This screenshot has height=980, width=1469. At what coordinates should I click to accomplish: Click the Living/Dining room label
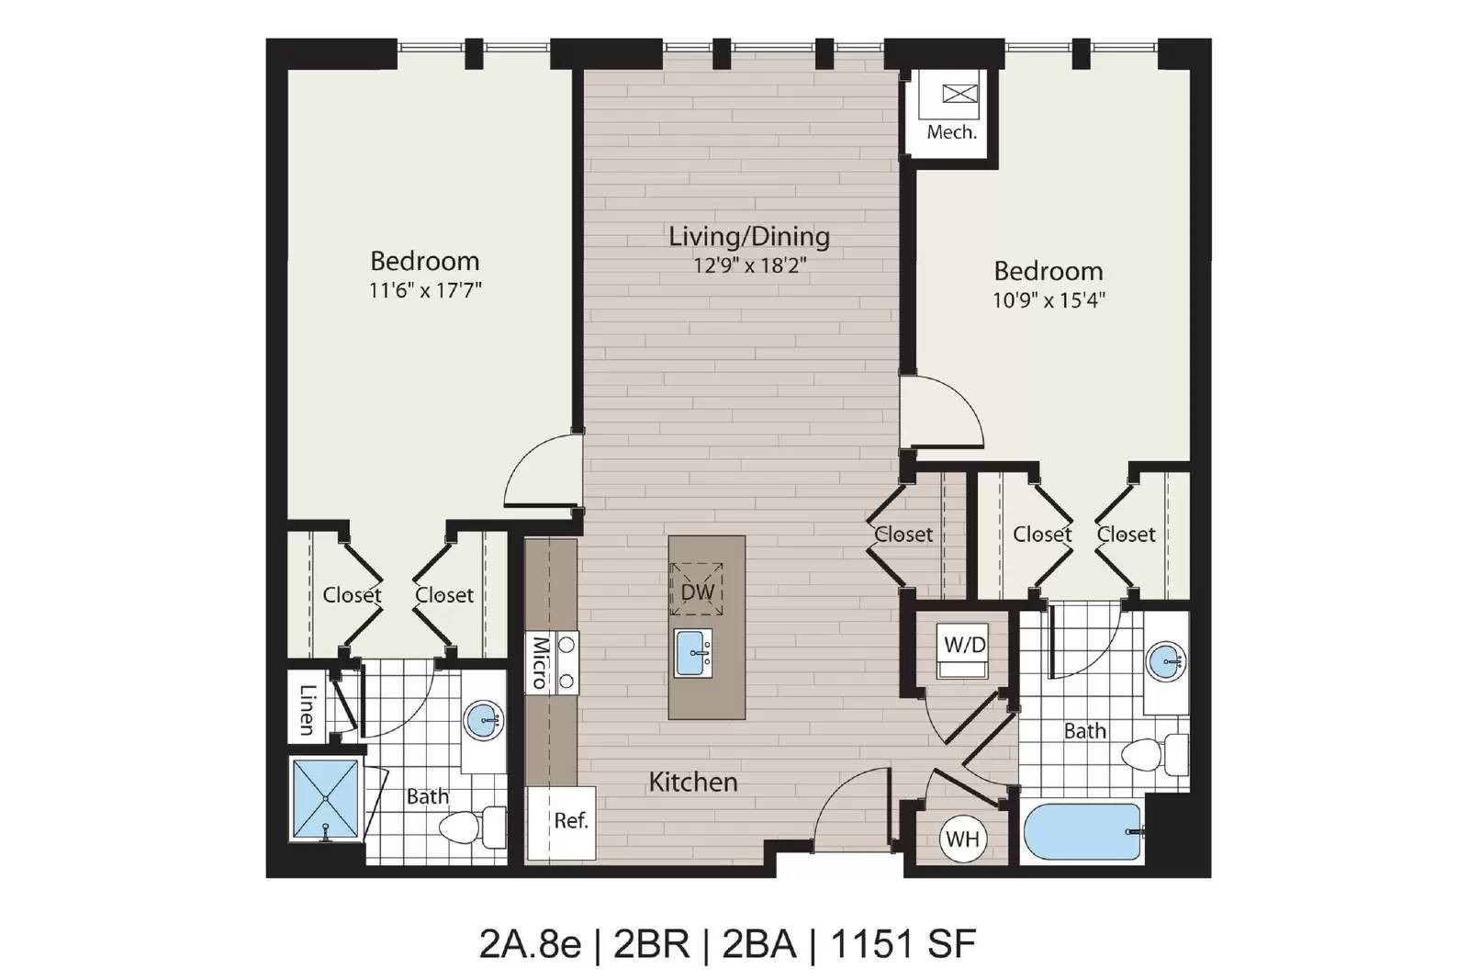749,237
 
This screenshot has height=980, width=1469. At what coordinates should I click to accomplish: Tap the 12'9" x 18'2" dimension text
749,265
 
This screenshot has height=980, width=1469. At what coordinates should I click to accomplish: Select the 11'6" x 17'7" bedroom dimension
425,290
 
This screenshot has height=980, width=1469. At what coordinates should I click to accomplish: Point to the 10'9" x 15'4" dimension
1048,299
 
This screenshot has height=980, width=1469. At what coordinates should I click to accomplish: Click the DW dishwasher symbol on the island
697,589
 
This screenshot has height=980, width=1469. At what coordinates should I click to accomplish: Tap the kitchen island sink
693,653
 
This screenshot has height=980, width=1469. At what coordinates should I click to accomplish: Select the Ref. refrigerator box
562,823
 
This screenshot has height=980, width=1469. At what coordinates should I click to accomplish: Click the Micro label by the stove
540,662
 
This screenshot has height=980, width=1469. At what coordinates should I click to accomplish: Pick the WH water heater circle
963,839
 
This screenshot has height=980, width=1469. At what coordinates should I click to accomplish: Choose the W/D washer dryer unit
963,650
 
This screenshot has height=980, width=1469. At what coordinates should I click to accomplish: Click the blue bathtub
1082,831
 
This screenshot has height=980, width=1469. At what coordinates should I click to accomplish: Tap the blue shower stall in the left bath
326,798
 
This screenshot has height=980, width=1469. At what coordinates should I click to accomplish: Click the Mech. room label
951,132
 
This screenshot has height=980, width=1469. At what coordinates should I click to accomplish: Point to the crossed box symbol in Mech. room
960,94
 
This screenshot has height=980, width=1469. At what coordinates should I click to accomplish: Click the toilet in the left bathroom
472,827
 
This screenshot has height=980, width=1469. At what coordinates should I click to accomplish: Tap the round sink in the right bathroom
1165,660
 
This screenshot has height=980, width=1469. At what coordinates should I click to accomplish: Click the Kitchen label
693,782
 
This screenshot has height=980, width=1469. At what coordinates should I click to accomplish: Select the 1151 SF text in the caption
903,944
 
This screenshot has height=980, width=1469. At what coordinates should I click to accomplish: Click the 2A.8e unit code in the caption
530,944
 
